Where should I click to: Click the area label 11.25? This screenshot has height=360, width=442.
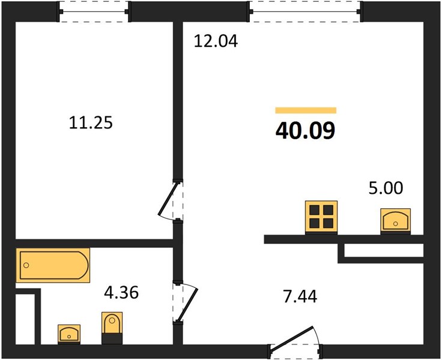(91, 123)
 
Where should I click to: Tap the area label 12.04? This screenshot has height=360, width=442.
(216, 41)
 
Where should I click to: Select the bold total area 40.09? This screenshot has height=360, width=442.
(306, 131)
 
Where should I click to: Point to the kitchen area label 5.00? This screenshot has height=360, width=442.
(386, 188)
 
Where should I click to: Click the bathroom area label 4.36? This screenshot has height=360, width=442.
(121, 292)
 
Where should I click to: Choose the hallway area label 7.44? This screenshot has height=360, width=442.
(300, 296)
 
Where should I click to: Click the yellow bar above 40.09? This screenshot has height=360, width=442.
(306, 110)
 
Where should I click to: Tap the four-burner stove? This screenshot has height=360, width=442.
(321, 217)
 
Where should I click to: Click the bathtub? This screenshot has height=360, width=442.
(53, 265)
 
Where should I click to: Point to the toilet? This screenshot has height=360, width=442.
(112, 328)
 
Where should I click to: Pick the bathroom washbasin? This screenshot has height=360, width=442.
(69, 334)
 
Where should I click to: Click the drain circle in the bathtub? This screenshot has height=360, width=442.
(26, 265)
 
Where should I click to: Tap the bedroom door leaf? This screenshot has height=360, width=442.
(168, 199)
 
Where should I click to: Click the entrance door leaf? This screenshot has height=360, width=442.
(291, 337)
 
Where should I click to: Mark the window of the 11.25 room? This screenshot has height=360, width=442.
(94, 11)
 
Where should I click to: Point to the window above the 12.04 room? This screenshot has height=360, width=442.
(305, 11)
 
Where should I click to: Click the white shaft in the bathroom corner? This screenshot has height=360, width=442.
(25, 319)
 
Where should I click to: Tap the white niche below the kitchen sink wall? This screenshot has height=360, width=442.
(384, 250)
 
